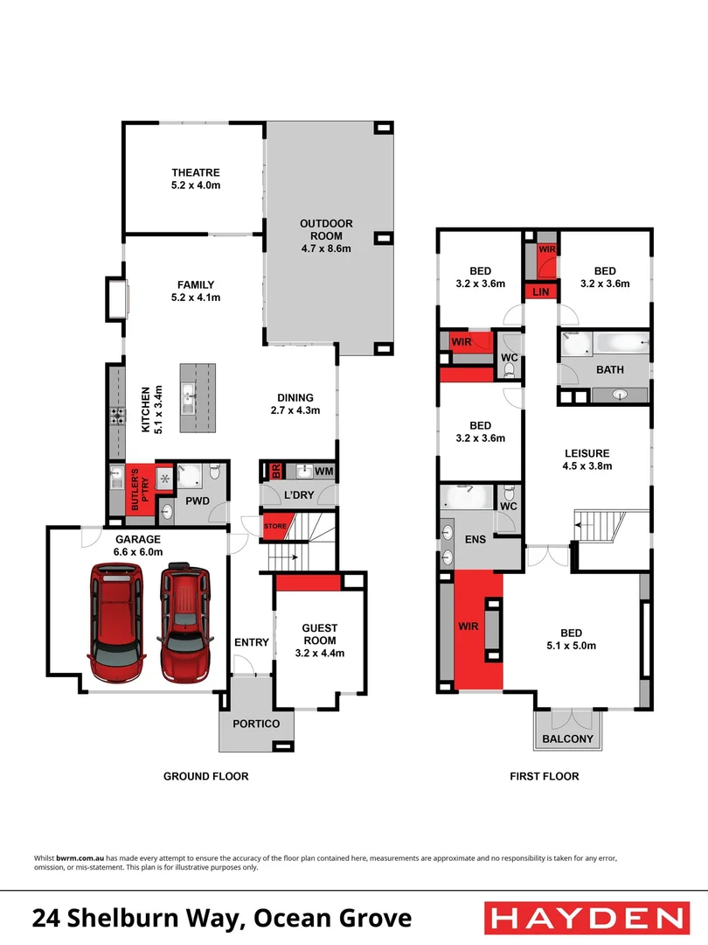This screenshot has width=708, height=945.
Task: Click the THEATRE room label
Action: pos(195,173)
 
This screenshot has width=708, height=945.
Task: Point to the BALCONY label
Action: pos(569,739)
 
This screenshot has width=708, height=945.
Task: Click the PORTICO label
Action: pos(255,724)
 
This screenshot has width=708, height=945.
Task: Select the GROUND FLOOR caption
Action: pos(206,776)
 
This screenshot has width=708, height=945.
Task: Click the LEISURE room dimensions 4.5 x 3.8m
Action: pos(587,466)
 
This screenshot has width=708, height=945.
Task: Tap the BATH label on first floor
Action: pos(609,370)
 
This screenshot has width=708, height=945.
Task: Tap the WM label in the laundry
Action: pos(323,472)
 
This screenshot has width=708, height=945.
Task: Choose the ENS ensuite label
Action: pos(475,540)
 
